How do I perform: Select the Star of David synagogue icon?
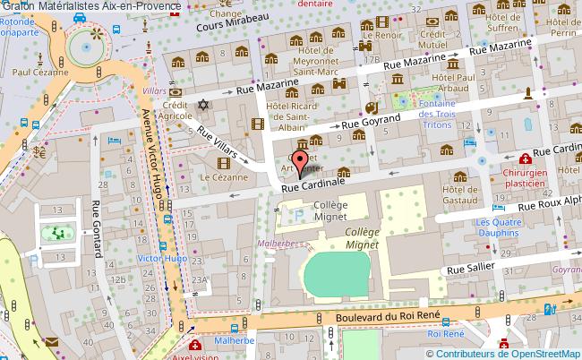[202, 105]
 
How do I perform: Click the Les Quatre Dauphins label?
[497, 228]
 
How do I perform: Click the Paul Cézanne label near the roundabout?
[41, 74]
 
